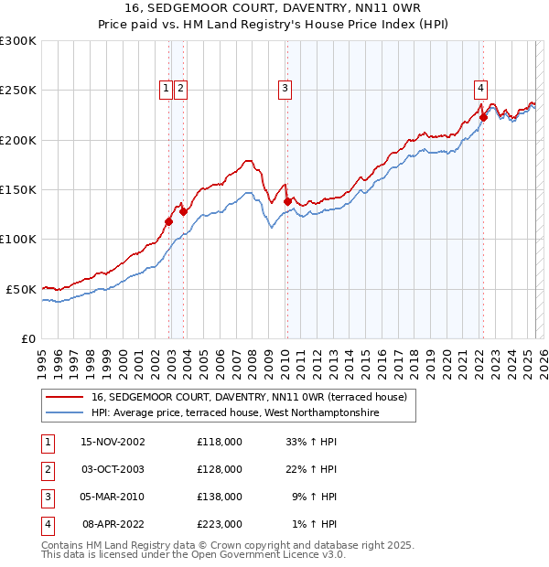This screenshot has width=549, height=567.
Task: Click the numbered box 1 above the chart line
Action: [x=166, y=89]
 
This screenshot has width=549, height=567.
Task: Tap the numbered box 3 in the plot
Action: [x=285, y=89]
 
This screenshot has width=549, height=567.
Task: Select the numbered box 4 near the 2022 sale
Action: [x=480, y=89]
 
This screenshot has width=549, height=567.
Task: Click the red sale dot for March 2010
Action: [x=287, y=201]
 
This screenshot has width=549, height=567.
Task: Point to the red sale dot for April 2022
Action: [x=483, y=117]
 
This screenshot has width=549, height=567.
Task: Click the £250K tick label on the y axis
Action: [x=18, y=91]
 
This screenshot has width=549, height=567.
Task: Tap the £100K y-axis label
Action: [x=18, y=239]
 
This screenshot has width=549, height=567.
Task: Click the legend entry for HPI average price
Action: [x=234, y=413]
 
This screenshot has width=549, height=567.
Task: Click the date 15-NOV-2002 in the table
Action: [x=113, y=443]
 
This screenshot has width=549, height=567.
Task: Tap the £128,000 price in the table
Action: [x=220, y=470]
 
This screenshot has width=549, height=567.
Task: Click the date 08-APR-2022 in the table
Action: [x=113, y=525]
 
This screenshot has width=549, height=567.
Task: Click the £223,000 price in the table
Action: [x=220, y=525]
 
